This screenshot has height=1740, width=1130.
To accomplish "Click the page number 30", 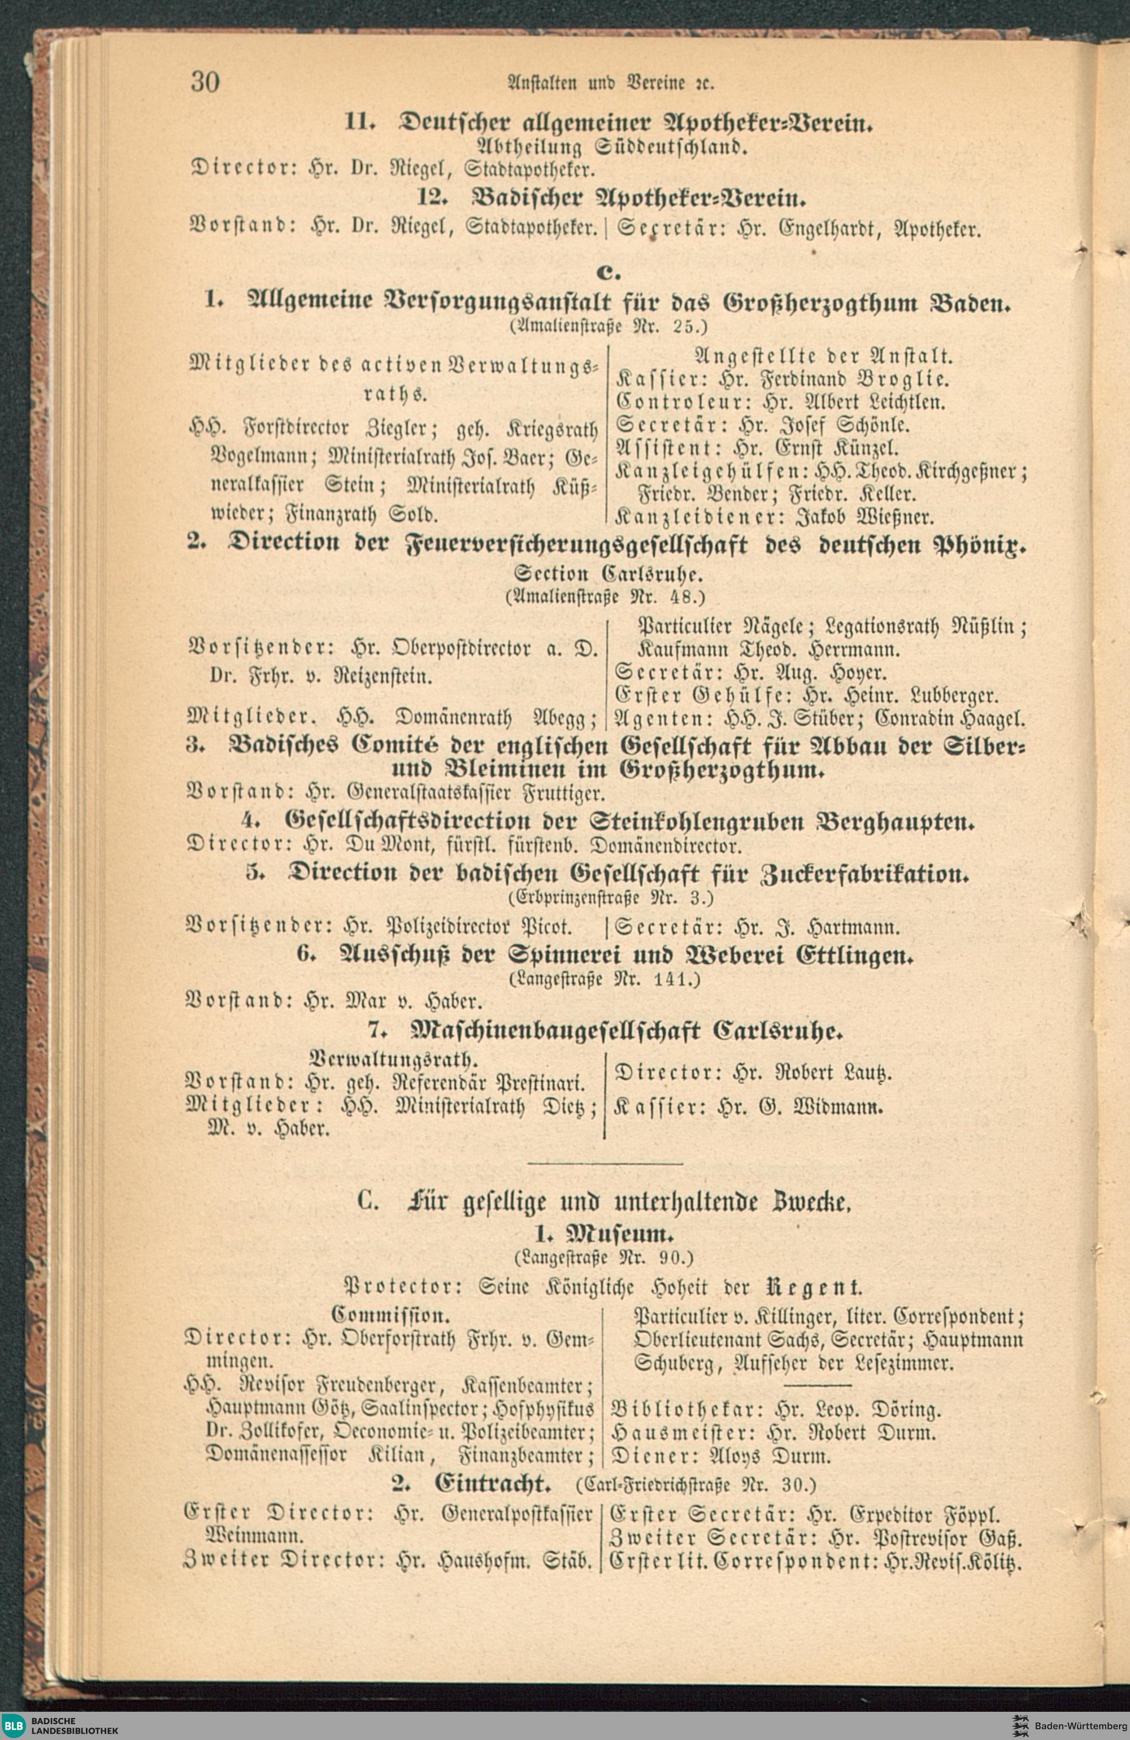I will tap(205, 82).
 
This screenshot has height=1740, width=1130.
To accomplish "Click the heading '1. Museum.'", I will tap(604, 1235).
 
